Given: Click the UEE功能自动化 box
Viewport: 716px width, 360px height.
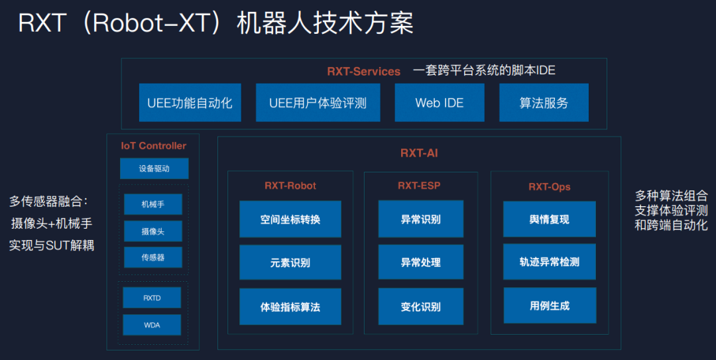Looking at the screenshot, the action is [x=190, y=103].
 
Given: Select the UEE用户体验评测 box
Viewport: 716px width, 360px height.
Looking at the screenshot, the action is [x=318, y=103].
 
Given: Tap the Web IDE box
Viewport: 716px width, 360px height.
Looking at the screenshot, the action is [x=439, y=103].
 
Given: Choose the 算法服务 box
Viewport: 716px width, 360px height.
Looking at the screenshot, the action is [x=544, y=103].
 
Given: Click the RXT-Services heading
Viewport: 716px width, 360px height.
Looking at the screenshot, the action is [x=363, y=72].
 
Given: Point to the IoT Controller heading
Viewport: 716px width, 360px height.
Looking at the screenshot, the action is [x=153, y=146].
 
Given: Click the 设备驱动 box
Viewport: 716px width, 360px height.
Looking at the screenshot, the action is [x=154, y=168].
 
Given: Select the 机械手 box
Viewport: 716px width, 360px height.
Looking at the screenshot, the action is [x=152, y=204].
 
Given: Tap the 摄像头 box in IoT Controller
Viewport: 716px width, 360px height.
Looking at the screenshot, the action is [x=152, y=231].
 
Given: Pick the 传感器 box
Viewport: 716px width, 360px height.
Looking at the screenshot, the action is [x=152, y=257].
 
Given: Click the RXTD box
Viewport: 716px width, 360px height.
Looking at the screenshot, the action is [x=152, y=298].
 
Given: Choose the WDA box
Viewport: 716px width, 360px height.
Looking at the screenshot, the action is [x=152, y=325].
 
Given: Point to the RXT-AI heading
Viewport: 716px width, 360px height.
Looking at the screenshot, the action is [x=419, y=153].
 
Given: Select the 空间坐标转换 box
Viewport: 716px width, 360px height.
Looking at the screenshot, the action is [x=290, y=219].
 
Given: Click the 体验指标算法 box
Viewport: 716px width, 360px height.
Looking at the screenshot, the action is [x=290, y=307].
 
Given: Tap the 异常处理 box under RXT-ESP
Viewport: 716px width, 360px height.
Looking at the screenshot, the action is [x=420, y=263].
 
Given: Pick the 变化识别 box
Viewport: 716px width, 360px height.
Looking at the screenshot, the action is [x=420, y=307].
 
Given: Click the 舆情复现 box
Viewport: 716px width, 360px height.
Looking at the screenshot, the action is [x=549, y=219].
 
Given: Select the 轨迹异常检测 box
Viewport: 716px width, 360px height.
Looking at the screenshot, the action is [x=549, y=262].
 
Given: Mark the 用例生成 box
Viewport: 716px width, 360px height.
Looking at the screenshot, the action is [x=549, y=306].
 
